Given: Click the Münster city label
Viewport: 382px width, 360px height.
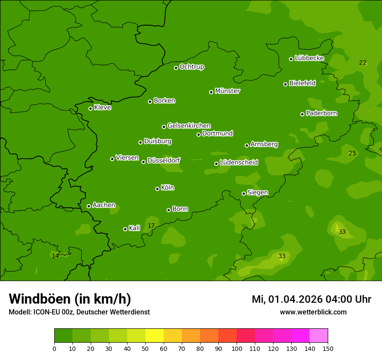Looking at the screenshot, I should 227,91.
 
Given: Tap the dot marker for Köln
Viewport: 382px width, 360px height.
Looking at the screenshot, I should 157,189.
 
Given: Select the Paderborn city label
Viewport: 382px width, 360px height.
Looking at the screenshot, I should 322,113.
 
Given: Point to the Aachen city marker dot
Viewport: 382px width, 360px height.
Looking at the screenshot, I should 89,206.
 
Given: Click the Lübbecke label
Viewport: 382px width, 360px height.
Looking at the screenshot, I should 309,58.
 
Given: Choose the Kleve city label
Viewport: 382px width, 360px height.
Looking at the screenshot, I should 102,108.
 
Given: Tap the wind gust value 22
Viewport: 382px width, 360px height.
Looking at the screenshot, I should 362,62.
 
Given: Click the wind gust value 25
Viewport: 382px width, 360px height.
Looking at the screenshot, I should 352,153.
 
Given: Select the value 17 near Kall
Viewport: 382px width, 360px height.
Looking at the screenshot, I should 151,226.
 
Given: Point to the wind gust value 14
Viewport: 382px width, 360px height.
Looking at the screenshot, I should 55,256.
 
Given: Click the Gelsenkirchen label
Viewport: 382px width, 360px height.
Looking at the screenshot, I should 189,126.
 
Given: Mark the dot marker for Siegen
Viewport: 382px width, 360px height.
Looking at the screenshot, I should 244,193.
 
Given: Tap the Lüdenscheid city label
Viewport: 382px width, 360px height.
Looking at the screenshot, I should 239,163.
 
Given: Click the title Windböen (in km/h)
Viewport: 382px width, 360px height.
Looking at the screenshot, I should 70,299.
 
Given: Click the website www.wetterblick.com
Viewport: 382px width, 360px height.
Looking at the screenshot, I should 313,312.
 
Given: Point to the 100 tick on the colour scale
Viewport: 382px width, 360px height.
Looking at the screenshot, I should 237,348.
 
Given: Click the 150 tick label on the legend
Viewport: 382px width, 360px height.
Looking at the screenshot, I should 328,348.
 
